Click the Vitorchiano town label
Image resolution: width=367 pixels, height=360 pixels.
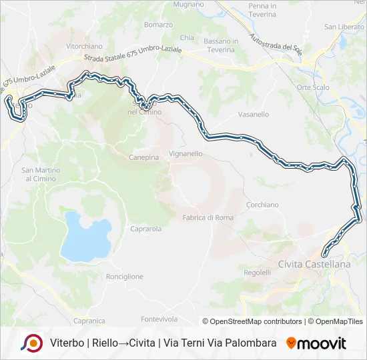pos(85,47)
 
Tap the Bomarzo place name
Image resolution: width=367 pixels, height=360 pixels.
pos(158,25)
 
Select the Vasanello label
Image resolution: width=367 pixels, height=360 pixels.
pos(253,115)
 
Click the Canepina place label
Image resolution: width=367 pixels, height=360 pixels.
pos(143,158)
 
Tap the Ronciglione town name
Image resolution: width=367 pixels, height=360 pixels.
pos(125,276)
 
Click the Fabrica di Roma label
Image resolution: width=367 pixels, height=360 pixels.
pos(208,217)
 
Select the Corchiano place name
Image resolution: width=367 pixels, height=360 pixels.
pos(262,205)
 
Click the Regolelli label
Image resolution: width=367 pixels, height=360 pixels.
pos(258,273)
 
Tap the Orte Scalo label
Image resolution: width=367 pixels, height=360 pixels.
pos(314,87)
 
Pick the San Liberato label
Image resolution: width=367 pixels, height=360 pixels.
pos(344,27)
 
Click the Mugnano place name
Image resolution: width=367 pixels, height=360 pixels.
pos(189,4)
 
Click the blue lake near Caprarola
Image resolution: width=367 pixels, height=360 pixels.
pos(85,237)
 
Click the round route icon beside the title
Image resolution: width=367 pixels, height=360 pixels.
pos(31,343)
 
